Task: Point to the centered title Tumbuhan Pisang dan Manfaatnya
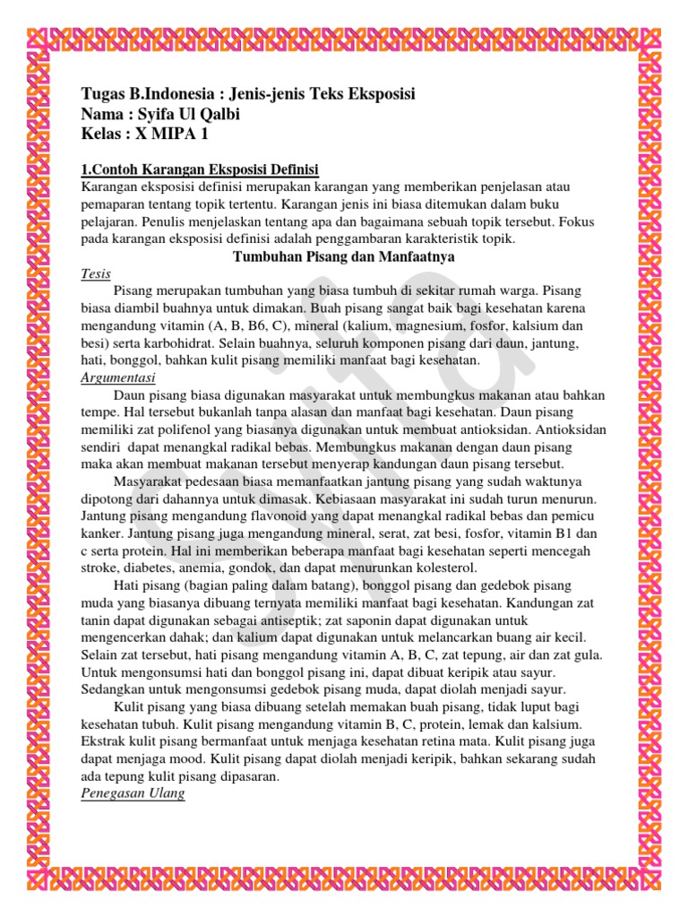point(343,257)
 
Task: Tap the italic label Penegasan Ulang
point(133,794)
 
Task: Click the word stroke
point(99,568)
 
